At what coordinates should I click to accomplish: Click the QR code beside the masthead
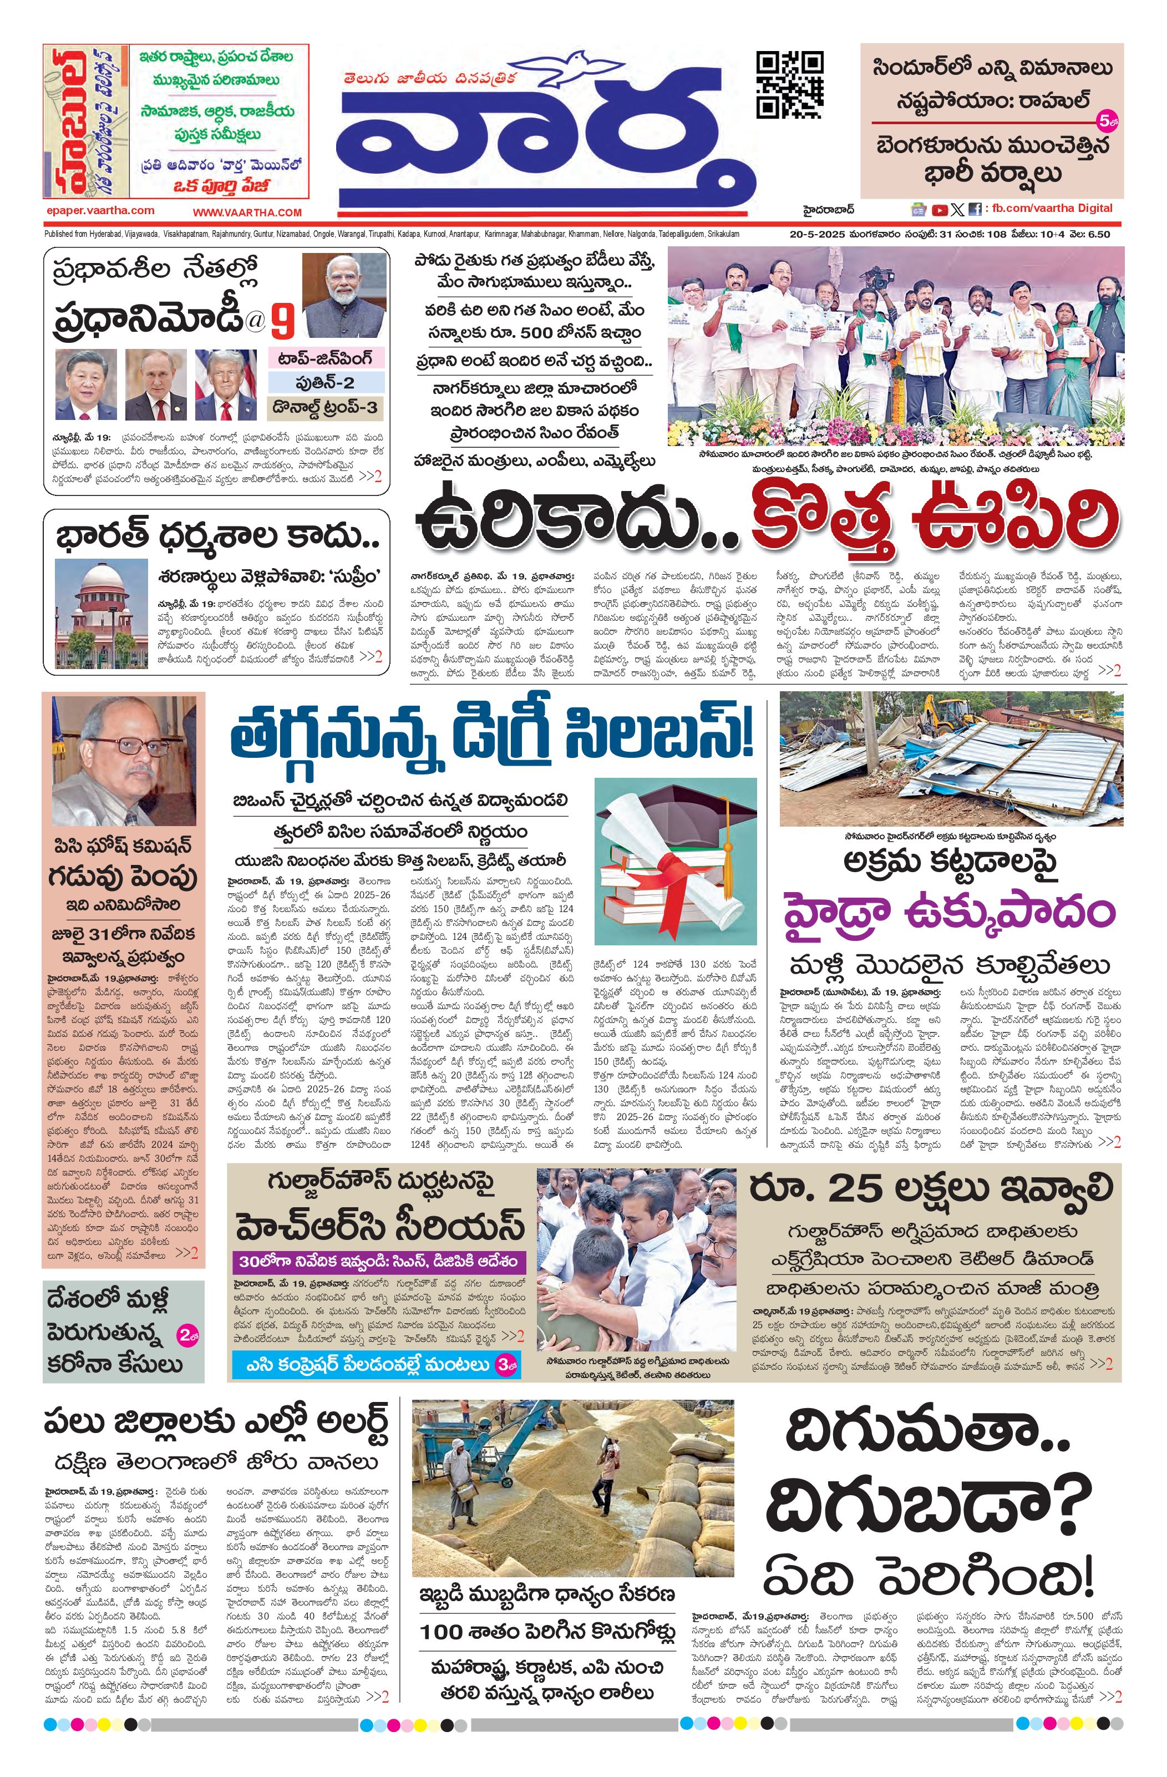[790, 84]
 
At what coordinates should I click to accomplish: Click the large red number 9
[282, 322]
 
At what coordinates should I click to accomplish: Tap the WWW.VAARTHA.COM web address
[247, 212]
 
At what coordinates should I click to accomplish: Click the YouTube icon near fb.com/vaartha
[939, 210]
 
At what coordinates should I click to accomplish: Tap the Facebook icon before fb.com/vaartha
[975, 210]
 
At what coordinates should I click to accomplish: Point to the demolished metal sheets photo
[951, 758]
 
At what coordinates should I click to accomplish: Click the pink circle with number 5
[1106, 119]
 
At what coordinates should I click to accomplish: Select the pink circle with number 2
[187, 1335]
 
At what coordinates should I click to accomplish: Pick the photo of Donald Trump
[226, 384]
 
